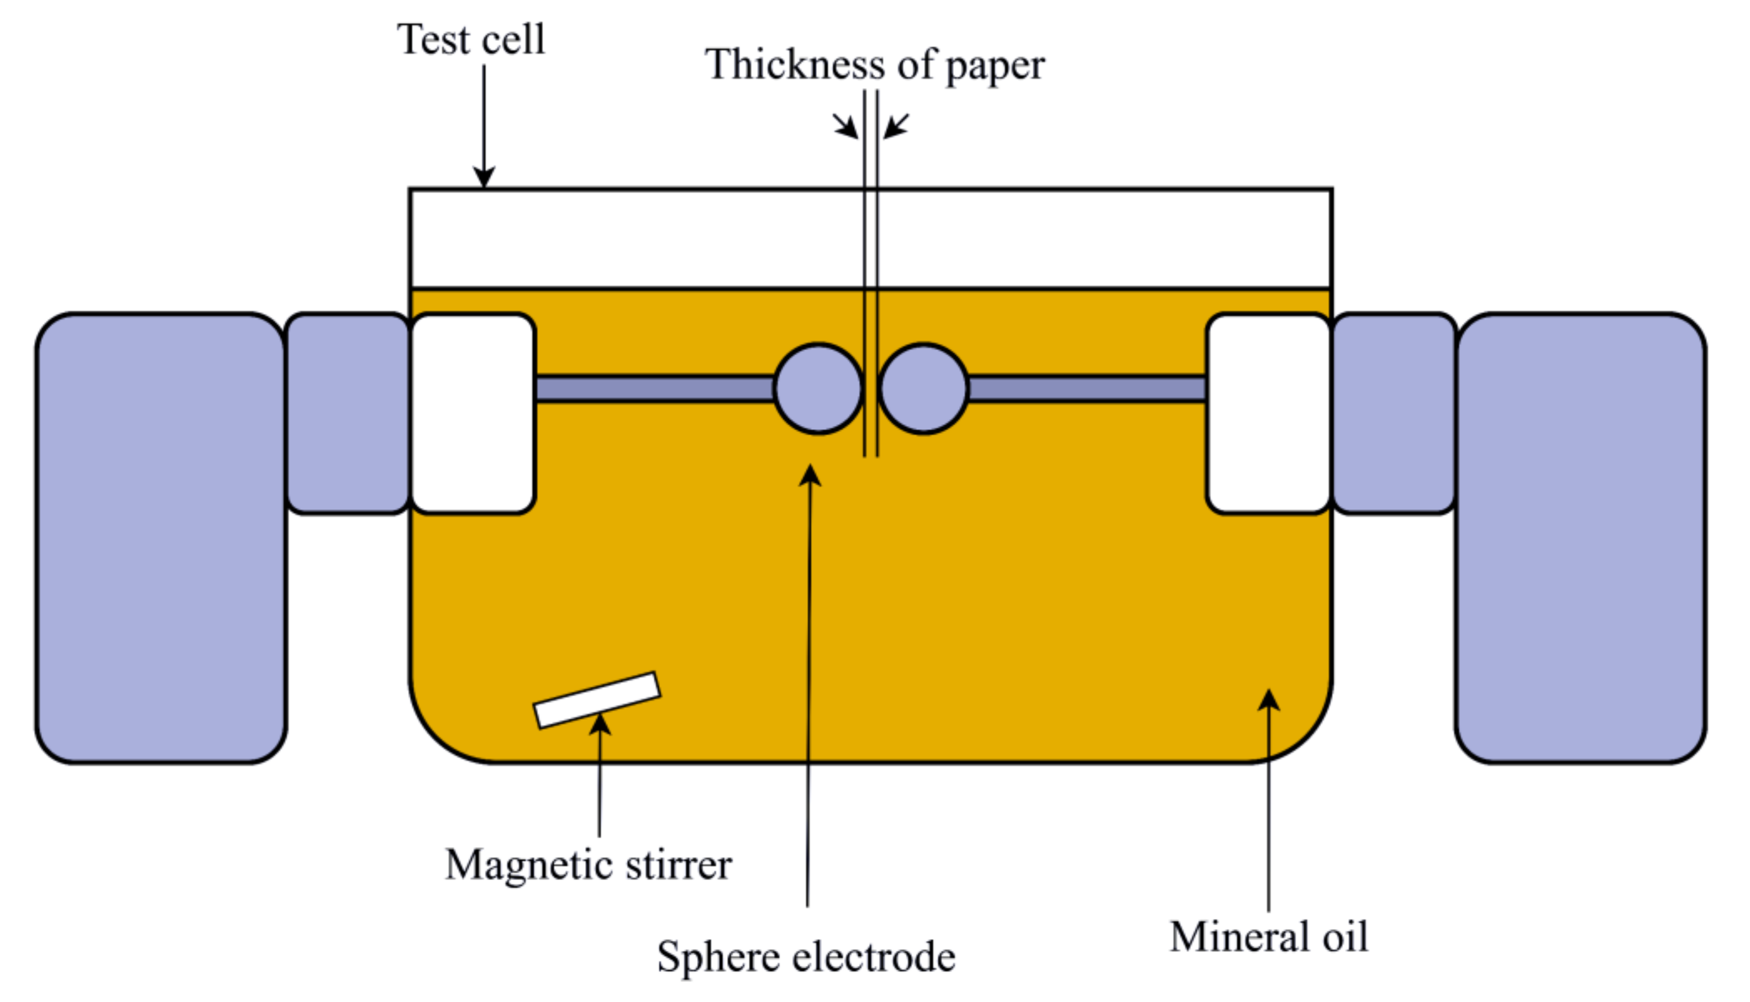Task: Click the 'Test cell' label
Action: click(470, 40)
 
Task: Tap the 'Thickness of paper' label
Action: click(874, 65)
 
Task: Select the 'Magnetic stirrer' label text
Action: click(588, 865)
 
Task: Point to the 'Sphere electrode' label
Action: click(806, 956)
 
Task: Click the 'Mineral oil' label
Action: click(1269, 937)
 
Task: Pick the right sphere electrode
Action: click(924, 389)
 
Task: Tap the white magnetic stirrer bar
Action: click(597, 700)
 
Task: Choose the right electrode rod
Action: click(1087, 389)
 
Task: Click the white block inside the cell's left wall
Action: click(473, 414)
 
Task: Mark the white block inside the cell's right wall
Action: click(1269, 414)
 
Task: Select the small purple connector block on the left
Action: click(348, 414)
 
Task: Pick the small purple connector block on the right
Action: click(1394, 414)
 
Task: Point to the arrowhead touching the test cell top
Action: click(484, 178)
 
